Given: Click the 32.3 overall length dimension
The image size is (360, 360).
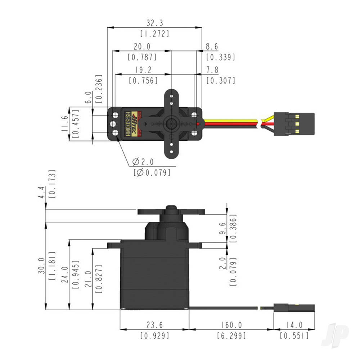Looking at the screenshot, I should pyautogui.click(x=155, y=23).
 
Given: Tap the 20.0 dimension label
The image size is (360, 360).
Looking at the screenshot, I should pyautogui.click(x=142, y=46).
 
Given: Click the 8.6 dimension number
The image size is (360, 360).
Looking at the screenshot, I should pyautogui.click(x=212, y=46).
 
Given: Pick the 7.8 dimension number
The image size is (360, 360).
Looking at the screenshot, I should pyautogui.click(x=212, y=70).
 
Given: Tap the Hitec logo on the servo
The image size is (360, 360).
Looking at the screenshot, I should pyautogui.click(x=134, y=123).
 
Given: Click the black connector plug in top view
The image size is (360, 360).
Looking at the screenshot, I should pyautogui.click(x=294, y=123).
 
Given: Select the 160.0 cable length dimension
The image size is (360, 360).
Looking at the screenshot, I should pyautogui.click(x=231, y=325).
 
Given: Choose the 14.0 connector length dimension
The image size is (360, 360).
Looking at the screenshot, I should pyautogui.click(x=294, y=325).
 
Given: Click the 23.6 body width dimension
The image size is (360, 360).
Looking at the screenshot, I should pyautogui.click(x=154, y=325).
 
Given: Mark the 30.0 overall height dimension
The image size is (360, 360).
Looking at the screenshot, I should pyautogui.click(x=42, y=266).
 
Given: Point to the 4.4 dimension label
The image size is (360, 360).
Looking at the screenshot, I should pyautogui.click(x=42, y=193).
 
